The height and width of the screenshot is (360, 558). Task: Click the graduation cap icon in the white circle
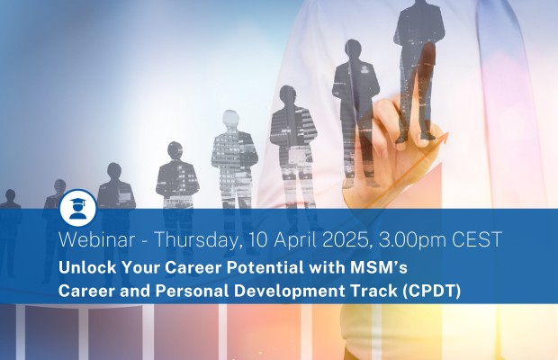pyautogui.click(x=78, y=208)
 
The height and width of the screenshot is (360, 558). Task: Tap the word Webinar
pyautogui.click(x=97, y=239)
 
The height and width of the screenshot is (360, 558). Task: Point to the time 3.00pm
pyautogui.click(x=412, y=240)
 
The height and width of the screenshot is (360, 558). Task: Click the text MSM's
pyautogui.click(x=379, y=267)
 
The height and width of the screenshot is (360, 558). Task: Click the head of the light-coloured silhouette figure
pyautogui.click(x=230, y=118)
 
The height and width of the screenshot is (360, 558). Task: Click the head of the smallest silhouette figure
pyautogui.click(x=10, y=195)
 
